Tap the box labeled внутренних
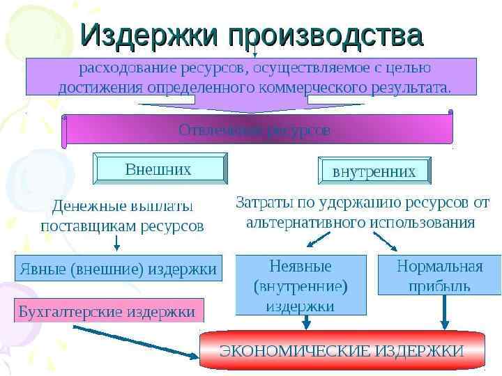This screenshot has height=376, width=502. (374, 171)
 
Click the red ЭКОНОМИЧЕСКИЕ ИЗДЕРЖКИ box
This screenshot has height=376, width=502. (342, 350)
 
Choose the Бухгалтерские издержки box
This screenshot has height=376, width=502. (109, 311)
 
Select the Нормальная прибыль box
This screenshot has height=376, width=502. (439, 276)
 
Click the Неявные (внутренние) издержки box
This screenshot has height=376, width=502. (301, 285)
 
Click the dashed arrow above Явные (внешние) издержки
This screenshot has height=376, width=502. (116, 242)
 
